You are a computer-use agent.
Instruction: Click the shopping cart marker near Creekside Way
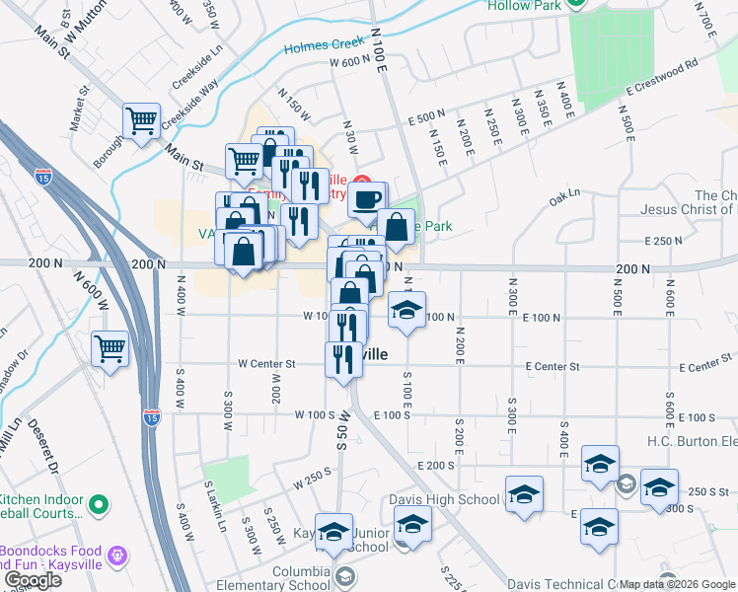pos(142,121)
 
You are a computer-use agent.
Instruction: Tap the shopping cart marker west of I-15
pos(110,347)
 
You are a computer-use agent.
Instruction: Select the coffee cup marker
pos(367,199)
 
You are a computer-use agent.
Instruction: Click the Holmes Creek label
pos(324,46)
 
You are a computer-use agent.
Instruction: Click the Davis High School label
pos(444,500)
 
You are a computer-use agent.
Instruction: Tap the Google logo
pos(33,580)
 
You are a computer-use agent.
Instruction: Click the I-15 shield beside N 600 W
pos(42,177)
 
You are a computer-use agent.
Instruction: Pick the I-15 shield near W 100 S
pos(151,416)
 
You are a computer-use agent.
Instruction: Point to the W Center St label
pos(266,364)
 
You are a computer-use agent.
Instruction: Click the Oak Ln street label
pos(563,200)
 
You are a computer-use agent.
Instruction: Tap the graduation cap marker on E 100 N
pos(406,310)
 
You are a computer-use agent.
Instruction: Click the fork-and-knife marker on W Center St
pos(343,359)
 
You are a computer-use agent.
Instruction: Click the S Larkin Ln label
pos(215,505)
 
